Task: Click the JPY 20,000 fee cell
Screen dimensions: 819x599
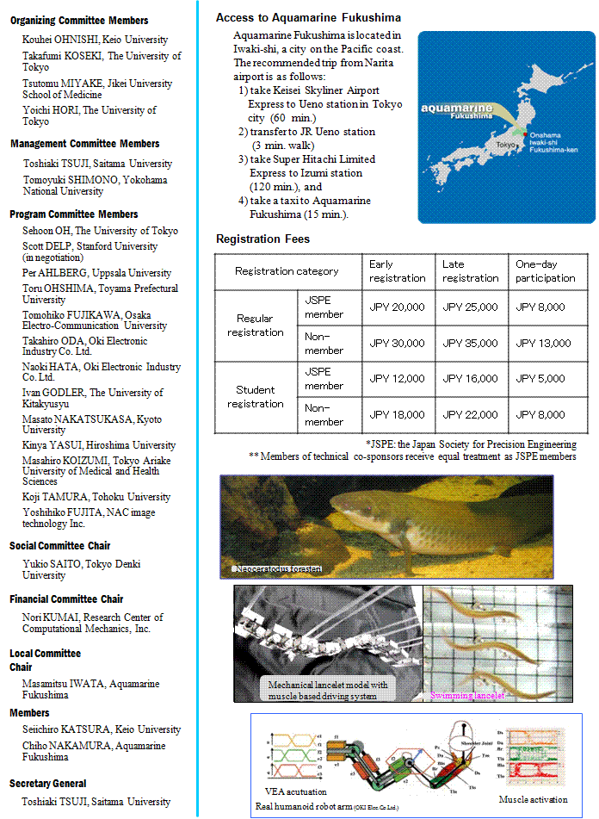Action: click(397, 307)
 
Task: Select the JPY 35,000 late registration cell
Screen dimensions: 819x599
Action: click(470, 343)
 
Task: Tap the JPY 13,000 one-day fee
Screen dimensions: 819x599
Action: click(543, 343)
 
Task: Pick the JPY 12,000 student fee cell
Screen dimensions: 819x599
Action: click(397, 378)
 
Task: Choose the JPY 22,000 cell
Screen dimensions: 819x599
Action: click(470, 414)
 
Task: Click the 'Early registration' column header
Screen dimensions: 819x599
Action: click(397, 270)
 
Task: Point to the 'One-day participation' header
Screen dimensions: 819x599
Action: click(545, 270)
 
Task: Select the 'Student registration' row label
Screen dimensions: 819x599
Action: click(256, 397)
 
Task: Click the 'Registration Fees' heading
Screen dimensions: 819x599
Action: click(262, 239)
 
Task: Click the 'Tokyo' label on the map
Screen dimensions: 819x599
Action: click(507, 145)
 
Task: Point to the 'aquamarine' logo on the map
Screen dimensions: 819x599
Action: click(458, 109)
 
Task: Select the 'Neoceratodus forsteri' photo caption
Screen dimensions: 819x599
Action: click(277, 569)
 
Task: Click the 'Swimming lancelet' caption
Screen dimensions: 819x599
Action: click(467, 694)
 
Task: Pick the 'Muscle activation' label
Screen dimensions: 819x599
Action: click(533, 800)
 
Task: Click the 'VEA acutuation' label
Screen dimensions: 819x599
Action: click(295, 791)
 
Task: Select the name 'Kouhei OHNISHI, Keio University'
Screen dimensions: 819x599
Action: click(95, 39)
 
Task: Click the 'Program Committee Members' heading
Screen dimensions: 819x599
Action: click(73, 214)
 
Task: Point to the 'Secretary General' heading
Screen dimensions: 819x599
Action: click(48, 784)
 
